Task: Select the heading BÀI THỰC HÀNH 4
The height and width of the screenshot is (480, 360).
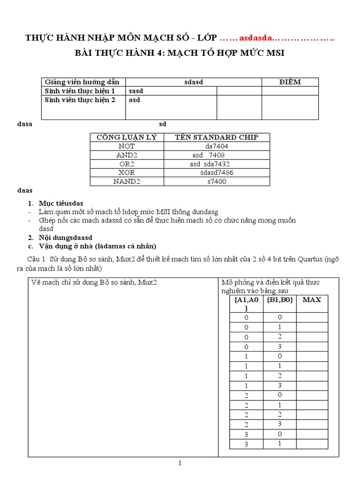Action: (180, 53)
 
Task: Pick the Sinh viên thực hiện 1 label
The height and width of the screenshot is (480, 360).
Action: (80, 91)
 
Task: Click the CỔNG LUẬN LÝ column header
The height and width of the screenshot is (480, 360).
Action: (127, 137)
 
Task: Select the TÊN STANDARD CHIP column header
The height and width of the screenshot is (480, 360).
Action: (216, 137)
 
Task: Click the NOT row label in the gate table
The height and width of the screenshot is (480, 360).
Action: (127, 146)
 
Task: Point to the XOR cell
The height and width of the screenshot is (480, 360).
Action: (127, 172)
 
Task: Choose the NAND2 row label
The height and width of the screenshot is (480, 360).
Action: (127, 181)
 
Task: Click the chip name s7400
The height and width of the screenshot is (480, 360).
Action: (216, 181)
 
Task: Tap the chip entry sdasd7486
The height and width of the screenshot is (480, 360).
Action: (217, 172)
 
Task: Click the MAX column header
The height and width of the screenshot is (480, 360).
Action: (311, 300)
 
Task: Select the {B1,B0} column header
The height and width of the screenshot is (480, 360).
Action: (279, 300)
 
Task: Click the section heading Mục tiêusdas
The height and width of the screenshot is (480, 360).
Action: (61, 203)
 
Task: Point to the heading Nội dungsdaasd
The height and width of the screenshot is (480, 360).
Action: (66, 238)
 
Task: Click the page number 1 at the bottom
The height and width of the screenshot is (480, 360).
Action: (180, 464)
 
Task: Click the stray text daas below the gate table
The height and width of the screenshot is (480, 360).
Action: (25, 190)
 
